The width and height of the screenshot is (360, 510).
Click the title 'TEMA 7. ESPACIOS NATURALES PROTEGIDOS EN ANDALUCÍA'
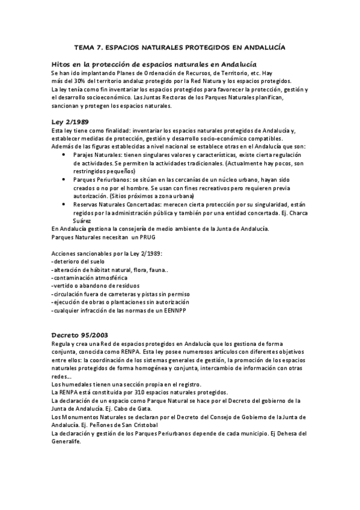pos(179,46)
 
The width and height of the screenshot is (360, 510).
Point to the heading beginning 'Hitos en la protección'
pos(154,63)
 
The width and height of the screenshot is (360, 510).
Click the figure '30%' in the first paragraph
pos(83,81)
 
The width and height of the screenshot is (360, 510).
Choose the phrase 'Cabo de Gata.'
pos(134,408)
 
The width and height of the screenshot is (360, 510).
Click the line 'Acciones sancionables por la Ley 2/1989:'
pos(107,253)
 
